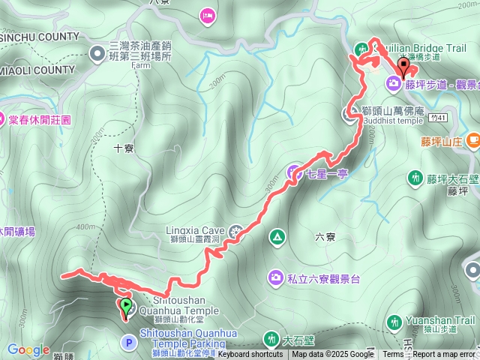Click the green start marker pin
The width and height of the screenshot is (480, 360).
click(125, 306)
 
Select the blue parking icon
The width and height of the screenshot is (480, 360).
click(129, 343)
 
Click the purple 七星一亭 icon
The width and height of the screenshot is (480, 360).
click(293, 172)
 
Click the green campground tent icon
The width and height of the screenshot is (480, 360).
click(277, 238)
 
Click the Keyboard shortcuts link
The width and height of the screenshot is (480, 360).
click(251, 354)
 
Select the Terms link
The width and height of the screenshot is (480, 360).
click(393, 354)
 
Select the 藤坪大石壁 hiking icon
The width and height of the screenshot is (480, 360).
click(415, 178)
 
